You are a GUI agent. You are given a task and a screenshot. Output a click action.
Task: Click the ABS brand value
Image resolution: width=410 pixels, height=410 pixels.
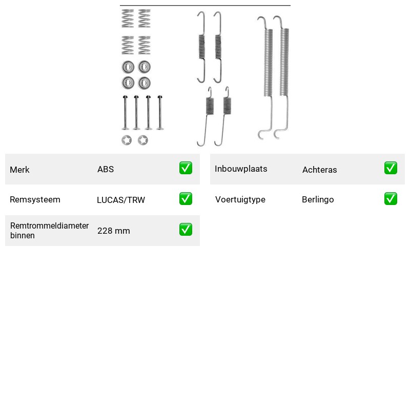click(x=106, y=169)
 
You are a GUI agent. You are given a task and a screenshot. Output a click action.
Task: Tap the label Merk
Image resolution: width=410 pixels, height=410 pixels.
click(x=19, y=170)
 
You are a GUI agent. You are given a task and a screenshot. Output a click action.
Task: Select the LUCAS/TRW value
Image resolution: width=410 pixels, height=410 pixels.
click(x=121, y=200)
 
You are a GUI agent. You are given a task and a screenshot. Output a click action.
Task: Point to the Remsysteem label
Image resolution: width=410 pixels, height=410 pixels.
click(x=35, y=199)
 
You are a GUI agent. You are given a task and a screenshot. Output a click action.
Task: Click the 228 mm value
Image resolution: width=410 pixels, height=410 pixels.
click(x=113, y=231)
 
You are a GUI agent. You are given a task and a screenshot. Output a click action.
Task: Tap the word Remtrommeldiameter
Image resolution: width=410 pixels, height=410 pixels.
click(x=49, y=225)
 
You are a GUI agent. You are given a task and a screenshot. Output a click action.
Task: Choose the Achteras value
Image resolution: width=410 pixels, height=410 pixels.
click(x=319, y=170)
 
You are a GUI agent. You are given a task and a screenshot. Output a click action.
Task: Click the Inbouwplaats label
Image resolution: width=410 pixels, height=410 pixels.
click(x=241, y=169)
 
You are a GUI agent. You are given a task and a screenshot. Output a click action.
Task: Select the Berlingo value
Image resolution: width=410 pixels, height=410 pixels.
click(x=318, y=199)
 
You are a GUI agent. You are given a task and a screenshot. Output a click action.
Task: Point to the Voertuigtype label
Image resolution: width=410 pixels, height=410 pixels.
click(x=240, y=199)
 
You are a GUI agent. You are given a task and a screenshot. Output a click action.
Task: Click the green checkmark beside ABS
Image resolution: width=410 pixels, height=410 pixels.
click(x=186, y=168)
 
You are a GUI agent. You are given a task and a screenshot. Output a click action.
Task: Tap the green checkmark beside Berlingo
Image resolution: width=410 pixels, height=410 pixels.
click(x=391, y=198)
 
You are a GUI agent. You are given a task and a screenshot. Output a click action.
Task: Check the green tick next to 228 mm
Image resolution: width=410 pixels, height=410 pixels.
click(x=186, y=229)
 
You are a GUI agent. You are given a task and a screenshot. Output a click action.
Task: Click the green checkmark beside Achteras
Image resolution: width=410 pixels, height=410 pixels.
click(x=391, y=168)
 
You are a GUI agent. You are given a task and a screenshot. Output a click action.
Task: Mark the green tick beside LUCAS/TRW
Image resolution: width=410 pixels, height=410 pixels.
click(x=186, y=198)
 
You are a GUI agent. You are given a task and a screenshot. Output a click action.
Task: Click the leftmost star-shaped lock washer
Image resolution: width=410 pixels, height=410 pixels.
click(x=127, y=140)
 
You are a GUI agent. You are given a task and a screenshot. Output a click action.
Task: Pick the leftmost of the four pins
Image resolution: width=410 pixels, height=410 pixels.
click(x=125, y=112)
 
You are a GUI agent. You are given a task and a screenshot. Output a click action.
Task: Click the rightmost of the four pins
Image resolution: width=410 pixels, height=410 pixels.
click(x=160, y=112)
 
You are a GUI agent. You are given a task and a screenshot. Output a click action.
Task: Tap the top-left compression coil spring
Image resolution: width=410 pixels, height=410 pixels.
click(x=128, y=18)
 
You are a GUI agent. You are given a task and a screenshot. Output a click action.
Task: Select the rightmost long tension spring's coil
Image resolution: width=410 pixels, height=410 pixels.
click(x=284, y=62)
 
